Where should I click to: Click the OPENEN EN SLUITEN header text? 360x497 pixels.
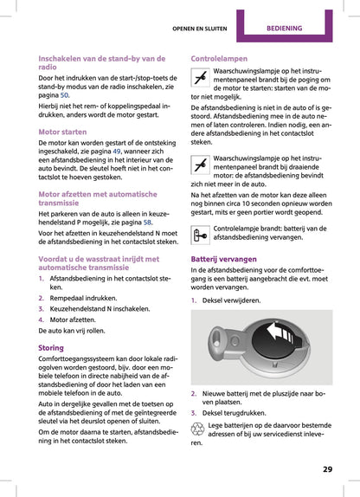point(200,28)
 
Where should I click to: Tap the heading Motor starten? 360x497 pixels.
point(63,132)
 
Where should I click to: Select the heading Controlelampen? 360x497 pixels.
point(219,58)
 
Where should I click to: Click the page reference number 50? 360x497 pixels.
point(65,96)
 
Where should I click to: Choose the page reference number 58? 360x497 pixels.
point(147,222)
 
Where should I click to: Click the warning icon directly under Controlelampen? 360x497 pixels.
point(199,81)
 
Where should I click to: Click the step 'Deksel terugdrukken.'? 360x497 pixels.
point(235,412)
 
